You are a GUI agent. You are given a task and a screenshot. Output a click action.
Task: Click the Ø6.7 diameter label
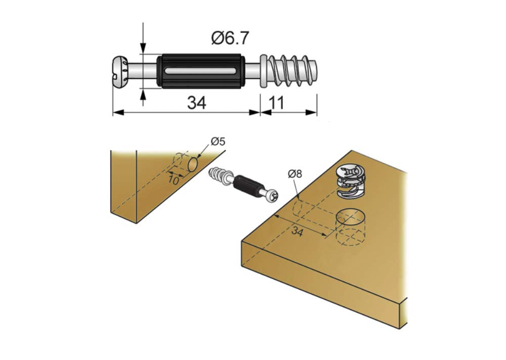tap(230, 38)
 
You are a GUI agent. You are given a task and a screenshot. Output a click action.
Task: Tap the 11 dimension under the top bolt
tap(277, 103)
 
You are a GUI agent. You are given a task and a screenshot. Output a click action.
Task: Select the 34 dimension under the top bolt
tap(196, 103)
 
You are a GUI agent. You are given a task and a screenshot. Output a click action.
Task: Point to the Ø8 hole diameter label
tap(295, 174)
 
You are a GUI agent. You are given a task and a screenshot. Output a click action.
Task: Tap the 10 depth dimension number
tap(173, 180)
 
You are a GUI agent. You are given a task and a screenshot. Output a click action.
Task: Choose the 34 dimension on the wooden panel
tap(297, 232)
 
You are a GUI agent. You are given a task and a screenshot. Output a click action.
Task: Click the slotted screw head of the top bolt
tap(120, 71)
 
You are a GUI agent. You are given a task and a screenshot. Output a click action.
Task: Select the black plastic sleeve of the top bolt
tap(201, 71)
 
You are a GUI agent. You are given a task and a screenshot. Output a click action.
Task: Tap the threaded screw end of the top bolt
tap(292, 71)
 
